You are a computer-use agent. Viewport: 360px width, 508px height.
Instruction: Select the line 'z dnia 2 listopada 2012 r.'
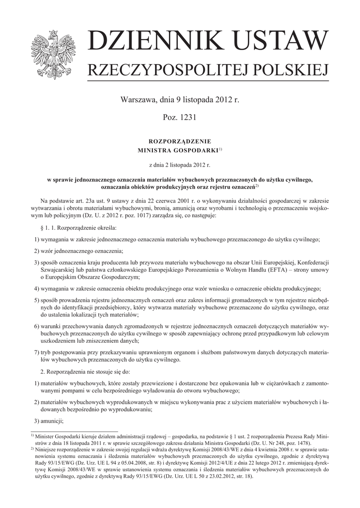[x=180, y=164]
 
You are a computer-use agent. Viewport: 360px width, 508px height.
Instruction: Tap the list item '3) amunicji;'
[x=49, y=421]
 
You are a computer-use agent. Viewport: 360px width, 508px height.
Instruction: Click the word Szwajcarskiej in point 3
[x=59, y=270]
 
